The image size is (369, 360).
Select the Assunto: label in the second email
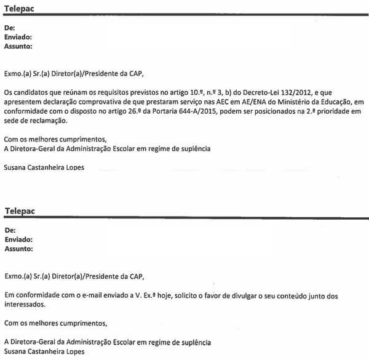click(x=19, y=250)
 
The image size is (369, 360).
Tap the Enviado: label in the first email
click(x=18, y=37)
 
